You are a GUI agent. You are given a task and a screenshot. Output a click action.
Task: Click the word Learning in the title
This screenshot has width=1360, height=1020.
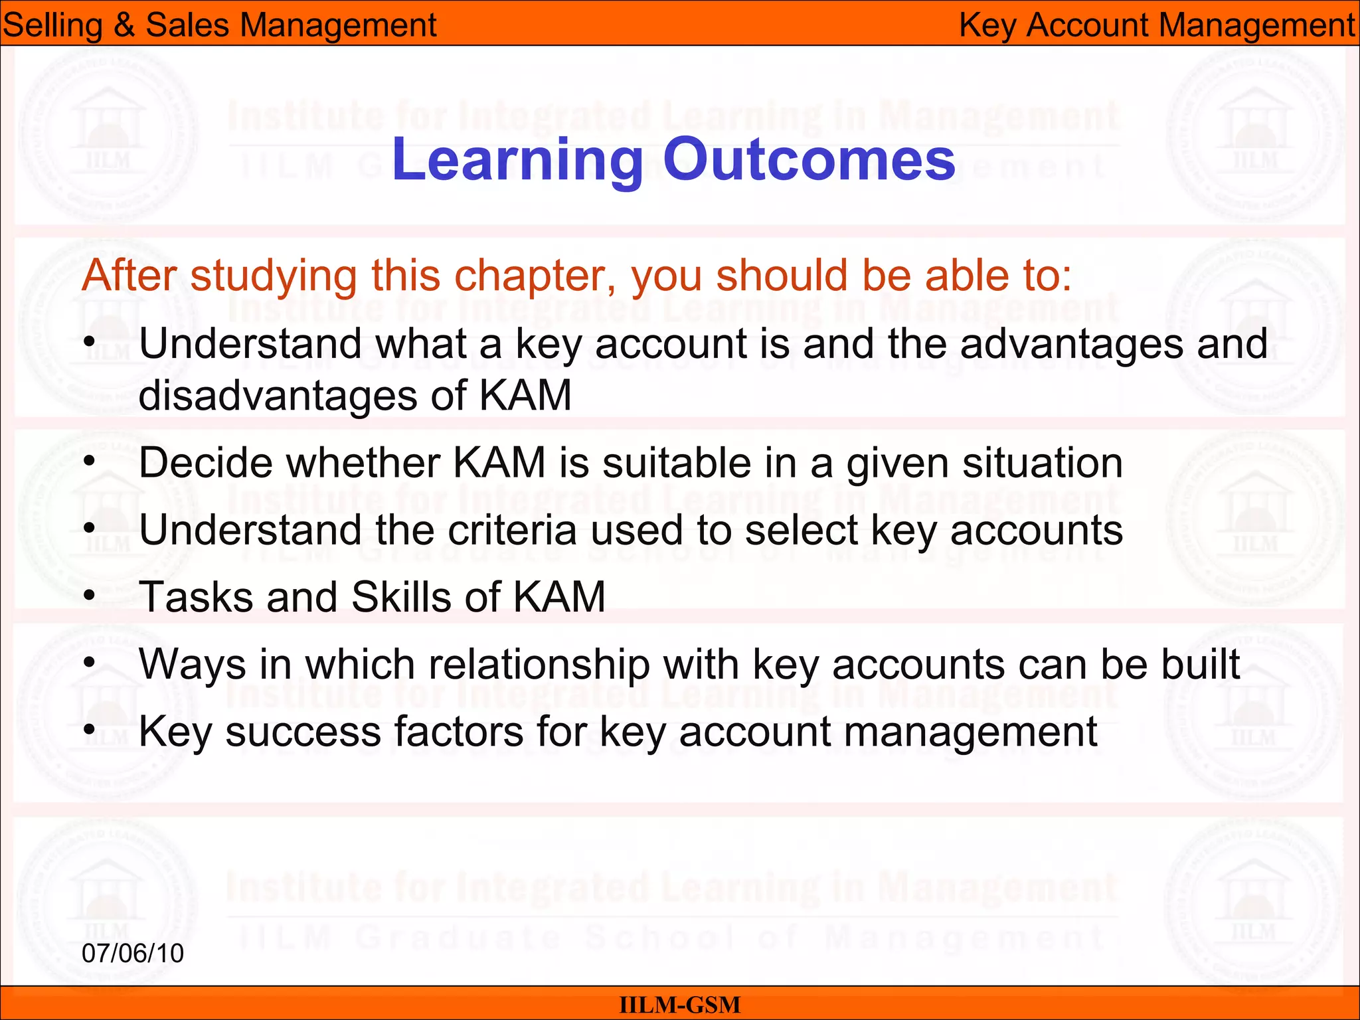point(517,160)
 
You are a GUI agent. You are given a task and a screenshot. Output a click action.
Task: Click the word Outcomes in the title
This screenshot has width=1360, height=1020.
point(809,160)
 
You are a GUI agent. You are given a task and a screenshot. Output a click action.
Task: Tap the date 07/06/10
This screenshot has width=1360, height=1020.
point(132,953)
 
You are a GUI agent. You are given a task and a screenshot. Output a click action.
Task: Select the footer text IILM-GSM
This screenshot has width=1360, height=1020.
point(679,1005)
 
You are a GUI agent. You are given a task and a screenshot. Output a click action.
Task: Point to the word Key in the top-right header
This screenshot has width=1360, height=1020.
point(987,25)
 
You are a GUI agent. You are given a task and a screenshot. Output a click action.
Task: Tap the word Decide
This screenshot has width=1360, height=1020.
point(206,463)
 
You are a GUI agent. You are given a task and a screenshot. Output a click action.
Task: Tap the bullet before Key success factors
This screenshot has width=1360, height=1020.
point(90,730)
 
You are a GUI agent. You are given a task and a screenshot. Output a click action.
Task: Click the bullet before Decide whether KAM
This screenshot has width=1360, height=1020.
point(90,462)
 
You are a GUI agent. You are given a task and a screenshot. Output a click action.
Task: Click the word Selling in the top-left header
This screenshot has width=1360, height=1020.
point(52,25)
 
